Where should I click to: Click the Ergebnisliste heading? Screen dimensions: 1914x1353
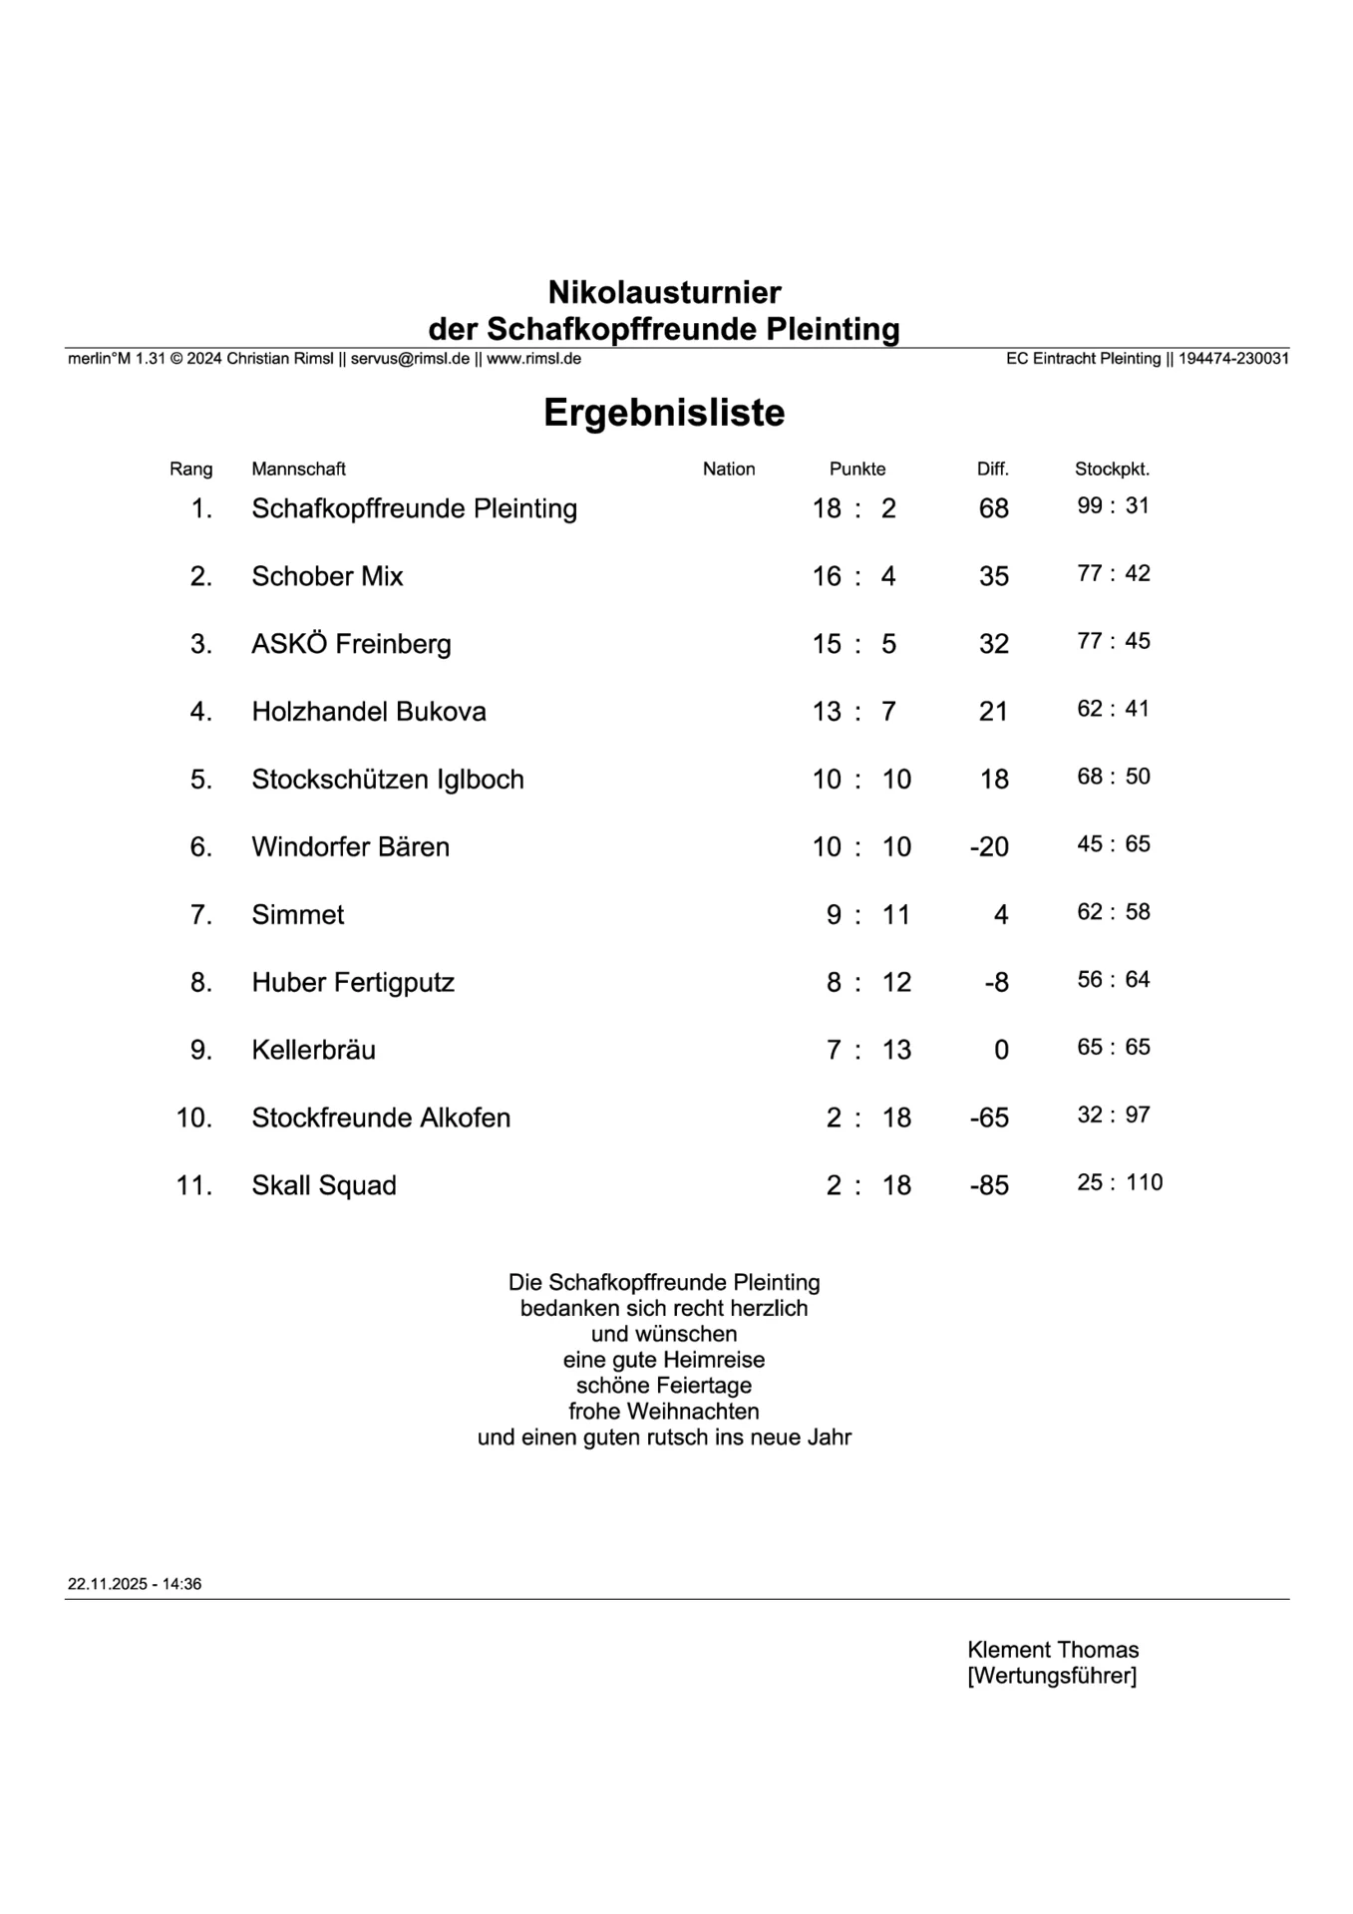(664, 413)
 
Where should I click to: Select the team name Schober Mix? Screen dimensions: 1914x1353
(327, 576)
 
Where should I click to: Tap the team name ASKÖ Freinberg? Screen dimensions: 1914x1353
(351, 644)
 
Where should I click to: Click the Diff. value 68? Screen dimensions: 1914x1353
(993, 508)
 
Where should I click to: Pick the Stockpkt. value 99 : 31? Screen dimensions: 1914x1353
(1113, 505)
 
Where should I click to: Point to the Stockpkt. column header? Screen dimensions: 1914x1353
(1112, 469)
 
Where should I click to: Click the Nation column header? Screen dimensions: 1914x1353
(729, 469)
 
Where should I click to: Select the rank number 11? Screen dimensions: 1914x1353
(194, 1185)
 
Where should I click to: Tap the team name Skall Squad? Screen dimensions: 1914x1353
(324, 1185)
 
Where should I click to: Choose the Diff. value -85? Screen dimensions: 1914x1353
(989, 1185)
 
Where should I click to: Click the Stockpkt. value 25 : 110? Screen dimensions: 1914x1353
(1120, 1182)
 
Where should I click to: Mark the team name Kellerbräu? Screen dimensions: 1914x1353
(313, 1050)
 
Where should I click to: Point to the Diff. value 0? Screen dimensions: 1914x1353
(1001, 1050)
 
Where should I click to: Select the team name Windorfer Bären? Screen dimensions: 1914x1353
(350, 847)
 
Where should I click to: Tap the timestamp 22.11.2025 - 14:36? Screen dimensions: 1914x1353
(135, 1584)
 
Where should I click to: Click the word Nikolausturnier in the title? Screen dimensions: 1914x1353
(664, 292)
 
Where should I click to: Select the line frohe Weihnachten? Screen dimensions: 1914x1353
(664, 1412)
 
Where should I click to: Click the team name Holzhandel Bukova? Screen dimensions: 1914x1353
(369, 712)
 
